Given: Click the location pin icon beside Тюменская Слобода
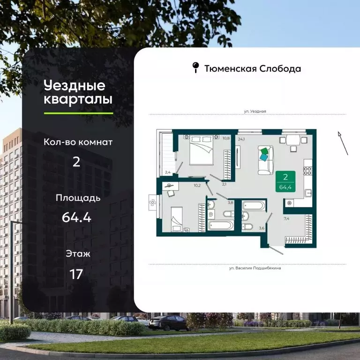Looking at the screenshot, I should coord(195,68).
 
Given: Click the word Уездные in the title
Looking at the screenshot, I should coord(75,86).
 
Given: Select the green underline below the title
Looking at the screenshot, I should coord(78,113).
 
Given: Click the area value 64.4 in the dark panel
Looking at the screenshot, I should coord(76,217).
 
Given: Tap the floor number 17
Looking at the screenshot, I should coord(76,274).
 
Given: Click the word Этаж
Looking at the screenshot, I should coord(78,254).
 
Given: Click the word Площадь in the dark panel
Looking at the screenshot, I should coord(78,197).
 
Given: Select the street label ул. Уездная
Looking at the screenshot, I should coord(255,111).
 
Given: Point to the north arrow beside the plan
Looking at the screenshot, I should coord(343,143).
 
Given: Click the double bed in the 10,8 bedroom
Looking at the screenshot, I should coord(201,150).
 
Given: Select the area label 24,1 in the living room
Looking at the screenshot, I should coord(242,139).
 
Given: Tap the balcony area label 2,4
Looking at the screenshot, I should coord(167,172).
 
